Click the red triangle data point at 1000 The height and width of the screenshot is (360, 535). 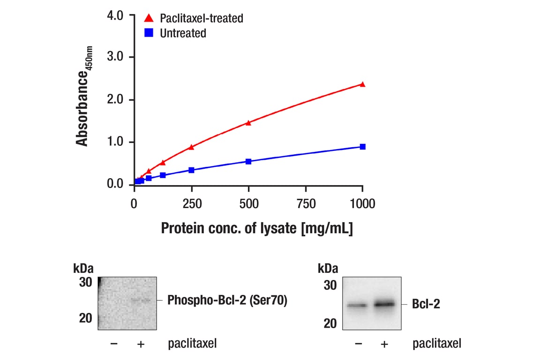pyautogui.click(x=362, y=84)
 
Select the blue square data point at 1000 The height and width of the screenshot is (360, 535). pyautogui.click(x=362, y=147)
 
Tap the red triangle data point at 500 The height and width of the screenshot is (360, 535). pyautogui.click(x=249, y=123)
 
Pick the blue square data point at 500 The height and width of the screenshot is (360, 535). pyautogui.click(x=249, y=161)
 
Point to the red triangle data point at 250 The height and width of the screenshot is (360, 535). pyautogui.click(x=191, y=147)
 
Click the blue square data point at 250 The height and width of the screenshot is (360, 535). pyautogui.click(x=191, y=170)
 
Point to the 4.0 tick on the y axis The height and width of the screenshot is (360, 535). pyautogui.click(x=115, y=15)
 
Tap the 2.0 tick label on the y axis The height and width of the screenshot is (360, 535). pyautogui.click(x=115, y=100)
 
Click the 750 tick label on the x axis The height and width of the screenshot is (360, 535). pyautogui.click(x=306, y=204)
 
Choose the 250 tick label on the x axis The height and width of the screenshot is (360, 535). pyautogui.click(x=191, y=204)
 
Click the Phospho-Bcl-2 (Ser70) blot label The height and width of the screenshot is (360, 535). pyautogui.click(x=227, y=300)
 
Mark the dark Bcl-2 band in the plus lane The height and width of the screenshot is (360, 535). pyautogui.click(x=384, y=304)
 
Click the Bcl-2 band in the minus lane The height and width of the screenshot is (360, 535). pyautogui.click(x=358, y=306)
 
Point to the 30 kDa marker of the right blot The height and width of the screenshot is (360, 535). pyautogui.click(x=330, y=285)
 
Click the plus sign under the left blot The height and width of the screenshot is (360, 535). pyautogui.click(x=140, y=344)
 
